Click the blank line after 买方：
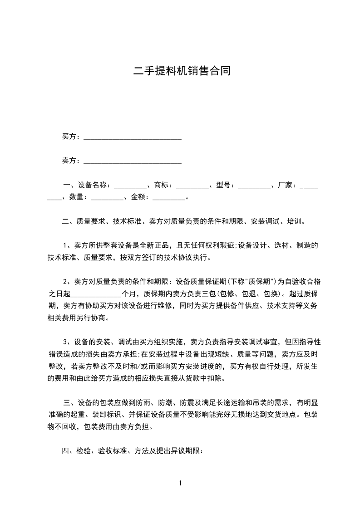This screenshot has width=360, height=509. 133,137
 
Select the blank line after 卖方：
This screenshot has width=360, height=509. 133,161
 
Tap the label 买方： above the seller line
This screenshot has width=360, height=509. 71,137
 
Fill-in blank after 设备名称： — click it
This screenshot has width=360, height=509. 130,185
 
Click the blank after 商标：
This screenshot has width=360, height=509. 192,185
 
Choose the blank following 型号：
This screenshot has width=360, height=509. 253,185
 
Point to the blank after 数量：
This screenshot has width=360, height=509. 107,197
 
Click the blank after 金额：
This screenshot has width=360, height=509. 169,197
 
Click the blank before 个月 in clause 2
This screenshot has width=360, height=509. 95,294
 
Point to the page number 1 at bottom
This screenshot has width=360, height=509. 180,483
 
